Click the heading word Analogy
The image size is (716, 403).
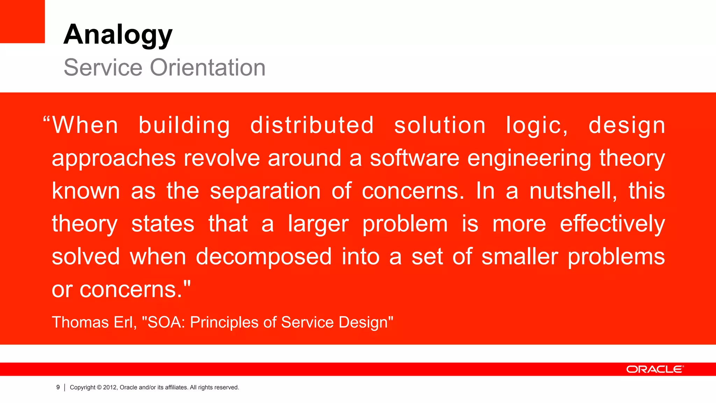(118, 35)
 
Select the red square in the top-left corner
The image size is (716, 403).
(22, 21)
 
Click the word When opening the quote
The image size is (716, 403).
(85, 126)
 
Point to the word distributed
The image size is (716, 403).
(312, 126)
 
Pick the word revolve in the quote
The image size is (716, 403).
(222, 158)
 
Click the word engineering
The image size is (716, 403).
(529, 158)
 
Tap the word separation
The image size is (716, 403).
(265, 191)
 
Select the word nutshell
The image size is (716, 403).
(573, 191)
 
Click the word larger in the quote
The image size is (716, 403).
(318, 224)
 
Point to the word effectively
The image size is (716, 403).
(612, 224)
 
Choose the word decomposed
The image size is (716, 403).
(264, 257)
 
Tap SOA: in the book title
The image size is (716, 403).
(166, 322)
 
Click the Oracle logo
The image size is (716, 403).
(654, 369)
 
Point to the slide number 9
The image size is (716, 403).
(58, 387)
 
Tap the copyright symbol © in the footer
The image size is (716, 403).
(99, 387)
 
